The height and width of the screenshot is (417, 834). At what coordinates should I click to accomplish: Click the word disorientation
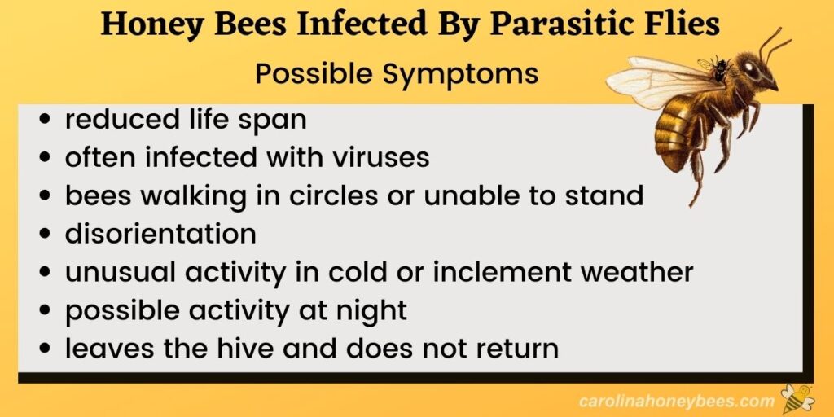[160, 234]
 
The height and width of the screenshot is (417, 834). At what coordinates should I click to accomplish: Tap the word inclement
[501, 272]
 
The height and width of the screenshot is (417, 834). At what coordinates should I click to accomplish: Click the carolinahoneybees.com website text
[676, 400]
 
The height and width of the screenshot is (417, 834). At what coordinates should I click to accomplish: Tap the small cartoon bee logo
[797, 398]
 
